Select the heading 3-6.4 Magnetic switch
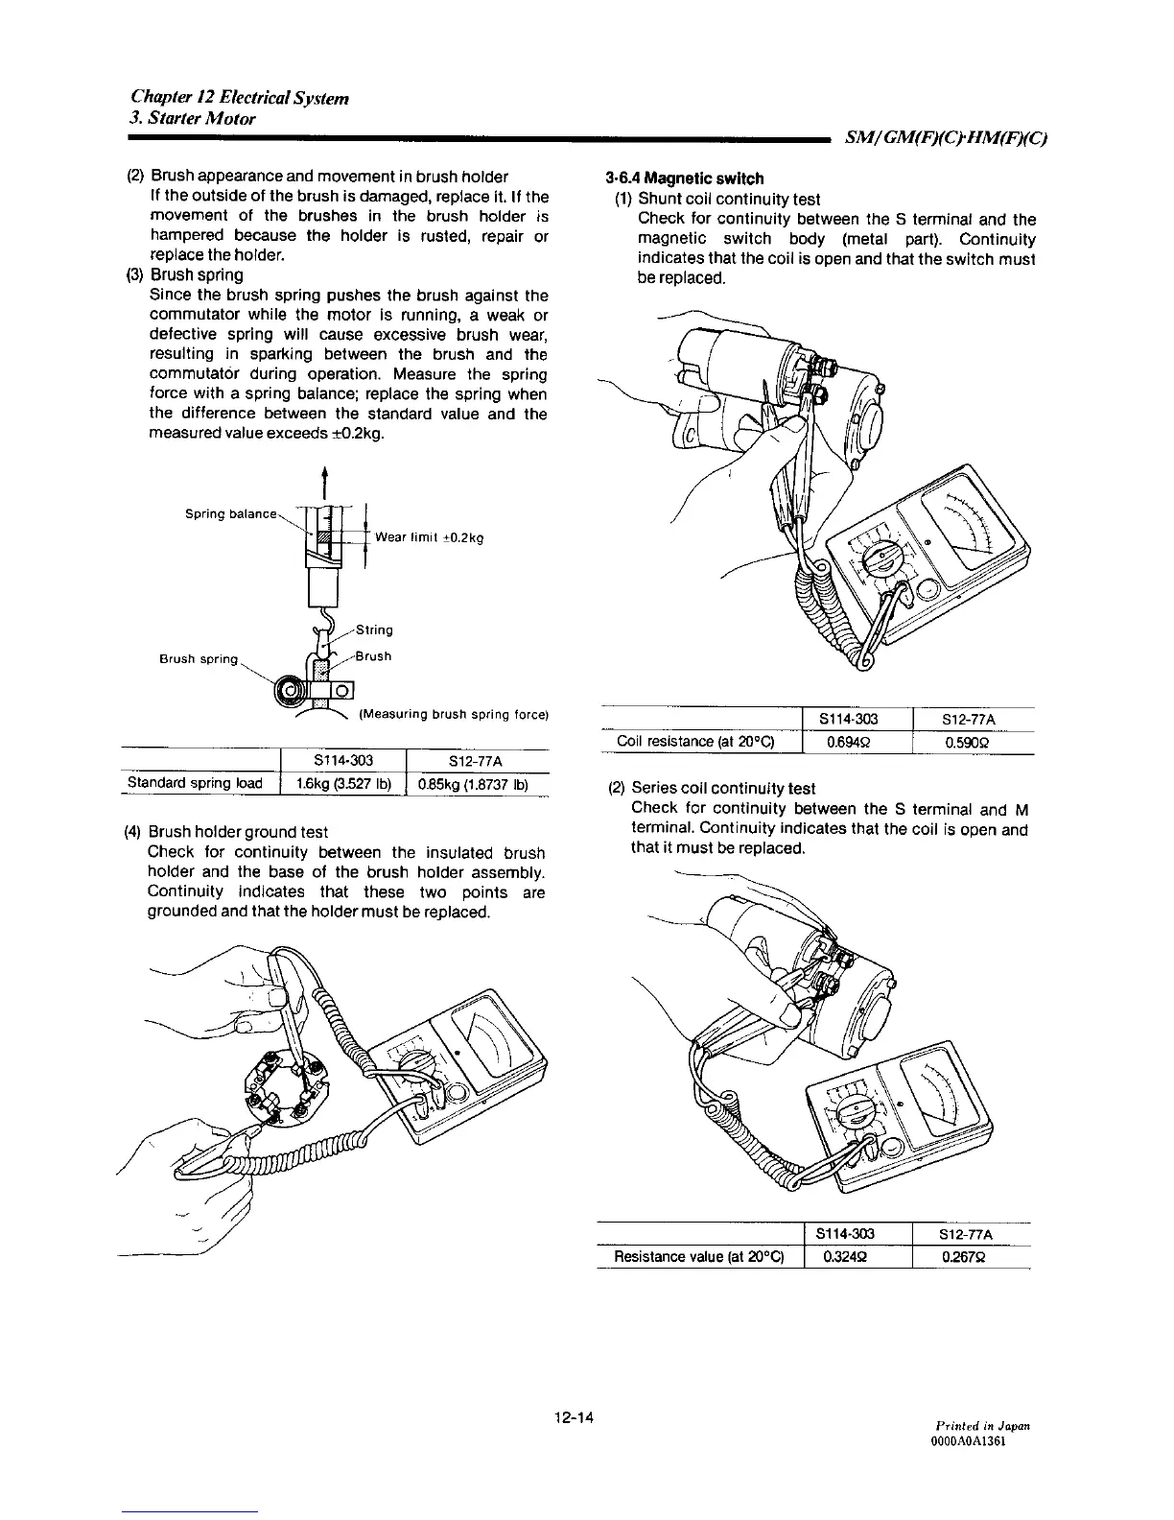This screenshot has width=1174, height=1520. (x=685, y=178)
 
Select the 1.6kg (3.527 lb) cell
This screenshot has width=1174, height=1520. (x=342, y=783)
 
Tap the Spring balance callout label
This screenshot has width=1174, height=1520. (x=230, y=514)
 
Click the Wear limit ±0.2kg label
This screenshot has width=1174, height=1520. (x=429, y=537)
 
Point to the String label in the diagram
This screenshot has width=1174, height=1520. (x=373, y=630)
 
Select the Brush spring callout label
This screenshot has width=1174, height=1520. (x=198, y=659)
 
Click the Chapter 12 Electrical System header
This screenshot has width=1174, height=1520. (x=240, y=98)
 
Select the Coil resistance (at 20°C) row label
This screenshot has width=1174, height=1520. (x=695, y=742)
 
